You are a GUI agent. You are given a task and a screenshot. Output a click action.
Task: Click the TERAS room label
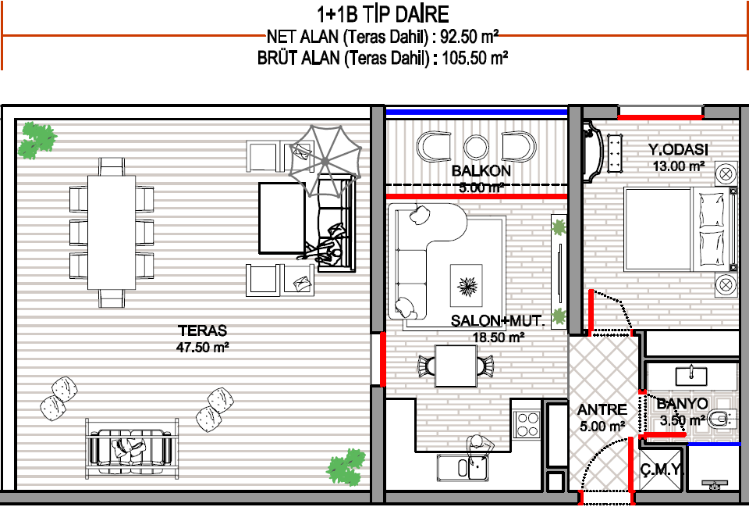(203, 330)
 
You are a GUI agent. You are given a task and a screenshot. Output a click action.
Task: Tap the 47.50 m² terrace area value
(203, 347)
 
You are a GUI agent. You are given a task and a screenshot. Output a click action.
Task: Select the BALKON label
(481, 171)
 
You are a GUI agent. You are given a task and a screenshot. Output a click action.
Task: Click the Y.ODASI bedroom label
(678, 150)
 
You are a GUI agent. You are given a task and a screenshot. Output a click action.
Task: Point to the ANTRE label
(602, 410)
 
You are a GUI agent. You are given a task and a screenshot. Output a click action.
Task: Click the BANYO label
(682, 404)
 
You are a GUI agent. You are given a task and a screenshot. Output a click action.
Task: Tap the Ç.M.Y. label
(662, 470)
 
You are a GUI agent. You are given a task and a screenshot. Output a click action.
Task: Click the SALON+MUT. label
(498, 320)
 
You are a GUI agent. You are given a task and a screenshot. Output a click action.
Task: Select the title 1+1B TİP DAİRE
(383, 14)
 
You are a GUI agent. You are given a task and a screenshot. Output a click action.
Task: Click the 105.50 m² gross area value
(475, 58)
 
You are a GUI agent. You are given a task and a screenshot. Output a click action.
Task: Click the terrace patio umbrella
(325, 161)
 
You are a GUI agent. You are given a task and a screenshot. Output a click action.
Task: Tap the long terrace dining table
(112, 233)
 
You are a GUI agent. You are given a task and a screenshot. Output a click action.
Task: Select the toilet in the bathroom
(722, 420)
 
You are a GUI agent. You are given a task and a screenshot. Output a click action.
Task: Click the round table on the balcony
(476, 148)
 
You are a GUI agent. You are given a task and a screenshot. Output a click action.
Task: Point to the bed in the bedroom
(680, 230)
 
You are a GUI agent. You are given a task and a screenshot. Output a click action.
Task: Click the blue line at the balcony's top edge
(476, 112)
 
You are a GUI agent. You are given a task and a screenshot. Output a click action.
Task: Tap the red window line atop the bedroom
(661, 116)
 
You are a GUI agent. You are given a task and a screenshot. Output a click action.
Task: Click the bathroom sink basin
(690, 376)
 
